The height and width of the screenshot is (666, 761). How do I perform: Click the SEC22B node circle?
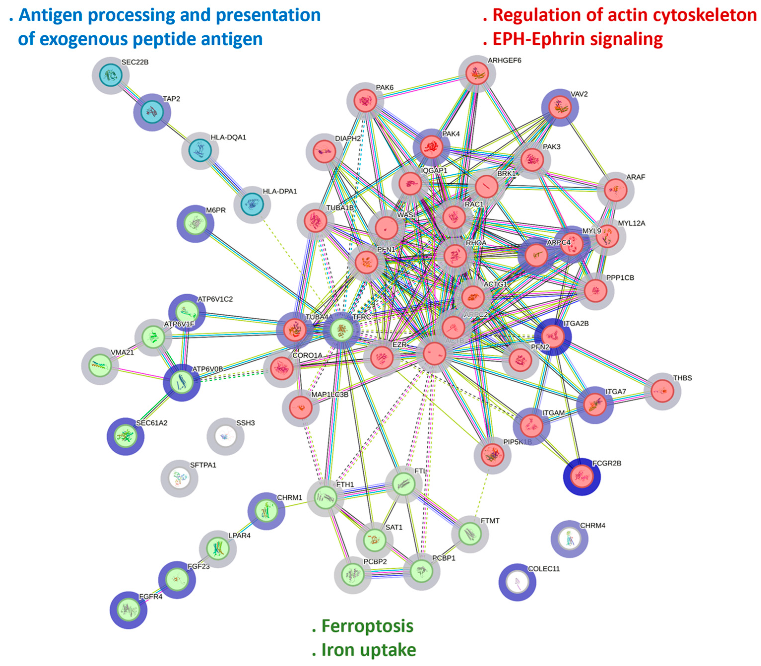click(110, 75)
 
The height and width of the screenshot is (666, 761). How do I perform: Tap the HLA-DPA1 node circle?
click(252, 204)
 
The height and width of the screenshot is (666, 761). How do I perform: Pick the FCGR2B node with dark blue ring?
click(581, 476)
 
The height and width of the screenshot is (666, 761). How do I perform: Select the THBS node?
click(663, 391)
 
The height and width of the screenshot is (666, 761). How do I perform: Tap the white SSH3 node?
click(225, 436)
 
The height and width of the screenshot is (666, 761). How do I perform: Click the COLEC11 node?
click(517, 582)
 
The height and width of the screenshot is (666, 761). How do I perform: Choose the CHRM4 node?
click(569, 539)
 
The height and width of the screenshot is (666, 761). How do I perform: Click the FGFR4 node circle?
click(128, 610)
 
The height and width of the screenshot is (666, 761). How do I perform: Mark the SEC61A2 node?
click(126, 436)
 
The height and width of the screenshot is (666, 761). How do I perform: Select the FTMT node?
click(470, 534)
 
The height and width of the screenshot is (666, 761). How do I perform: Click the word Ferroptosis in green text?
click(367, 626)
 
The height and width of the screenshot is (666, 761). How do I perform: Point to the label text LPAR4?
click(239, 535)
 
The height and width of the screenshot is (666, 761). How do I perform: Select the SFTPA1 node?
click(179, 479)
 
